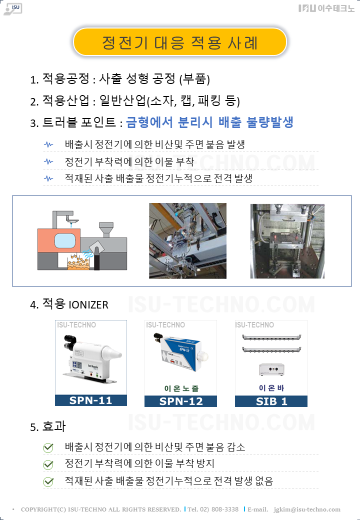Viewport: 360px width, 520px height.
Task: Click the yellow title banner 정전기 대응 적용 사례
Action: tap(179, 42)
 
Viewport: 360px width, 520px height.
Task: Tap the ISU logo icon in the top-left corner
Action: tap(13, 9)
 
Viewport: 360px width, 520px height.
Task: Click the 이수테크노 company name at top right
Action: tap(326, 8)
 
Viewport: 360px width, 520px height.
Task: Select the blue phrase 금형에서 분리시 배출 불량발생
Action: tap(210, 122)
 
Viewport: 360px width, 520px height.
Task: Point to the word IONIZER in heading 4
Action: tap(88, 305)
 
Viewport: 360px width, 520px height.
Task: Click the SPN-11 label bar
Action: tap(91, 400)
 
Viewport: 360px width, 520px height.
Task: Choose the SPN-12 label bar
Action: tap(180, 401)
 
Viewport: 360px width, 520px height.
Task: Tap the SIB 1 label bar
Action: tap(271, 401)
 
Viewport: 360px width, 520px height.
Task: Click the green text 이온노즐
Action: tap(181, 388)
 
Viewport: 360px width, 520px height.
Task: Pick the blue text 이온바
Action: tap(271, 388)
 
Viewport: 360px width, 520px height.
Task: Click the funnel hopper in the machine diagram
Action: tap(106, 229)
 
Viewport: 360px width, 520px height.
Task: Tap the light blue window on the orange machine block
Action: tap(65, 240)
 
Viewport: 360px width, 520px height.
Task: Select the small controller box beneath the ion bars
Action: tap(271, 369)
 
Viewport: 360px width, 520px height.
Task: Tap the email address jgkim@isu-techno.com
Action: tap(307, 509)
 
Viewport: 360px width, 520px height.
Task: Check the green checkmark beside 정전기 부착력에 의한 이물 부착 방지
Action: tap(48, 464)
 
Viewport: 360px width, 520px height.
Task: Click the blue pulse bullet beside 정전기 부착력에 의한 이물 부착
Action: tap(48, 161)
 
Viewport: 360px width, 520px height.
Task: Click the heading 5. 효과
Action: tap(47, 426)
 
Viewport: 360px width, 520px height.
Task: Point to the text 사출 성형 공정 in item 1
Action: tap(137, 79)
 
